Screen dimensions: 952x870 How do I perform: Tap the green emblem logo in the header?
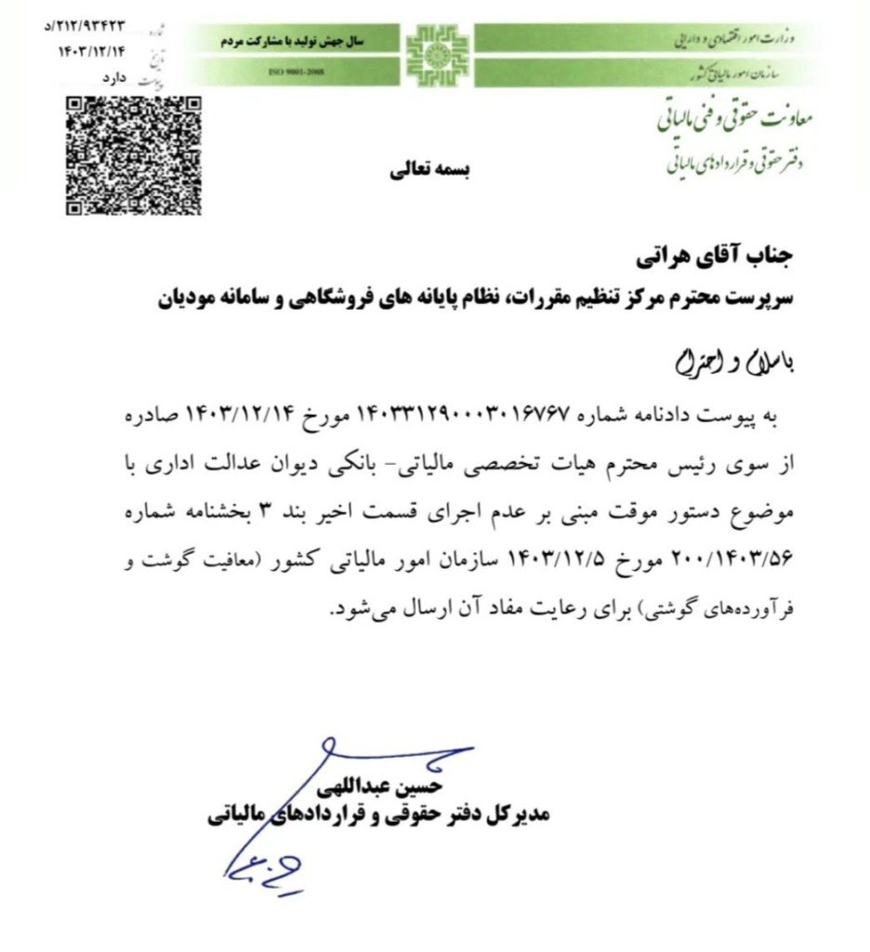432,54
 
